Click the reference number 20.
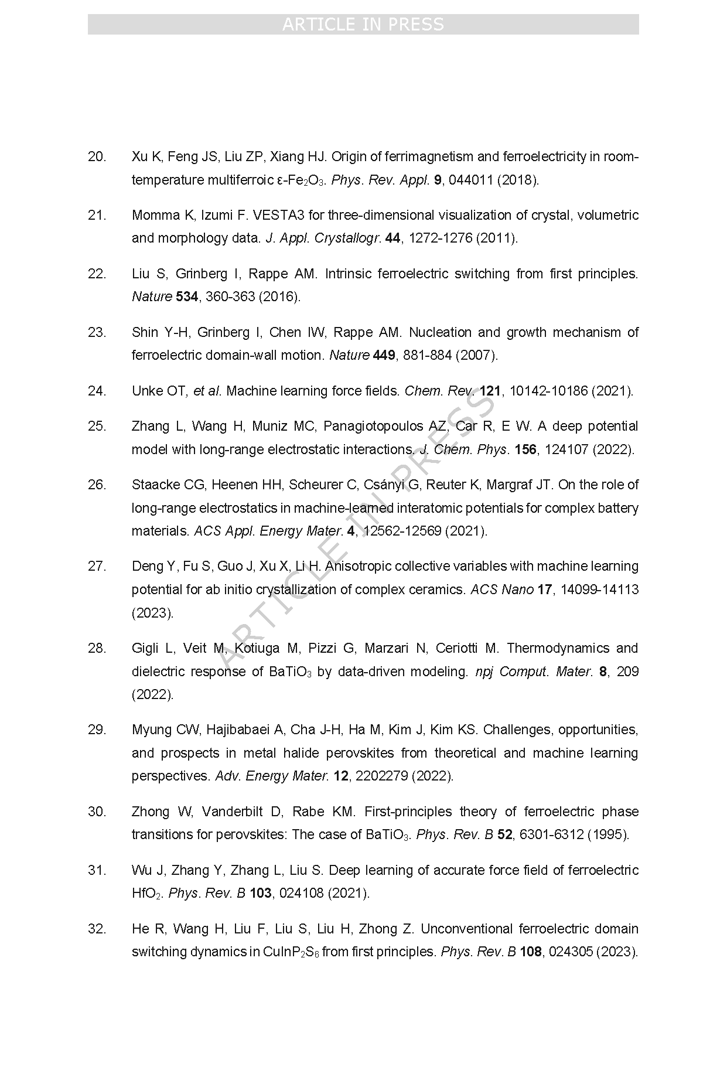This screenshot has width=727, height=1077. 97,156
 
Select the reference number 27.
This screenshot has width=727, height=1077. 97,566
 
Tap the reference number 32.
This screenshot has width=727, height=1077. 97,929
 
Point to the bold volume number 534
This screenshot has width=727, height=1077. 187,296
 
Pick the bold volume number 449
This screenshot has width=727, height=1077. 384,355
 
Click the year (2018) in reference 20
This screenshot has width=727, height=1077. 518,180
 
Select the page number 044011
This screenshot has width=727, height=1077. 470,180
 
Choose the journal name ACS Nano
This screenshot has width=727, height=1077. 502,589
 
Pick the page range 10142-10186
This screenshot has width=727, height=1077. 548,391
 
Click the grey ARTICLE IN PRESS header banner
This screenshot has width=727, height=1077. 363,25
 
